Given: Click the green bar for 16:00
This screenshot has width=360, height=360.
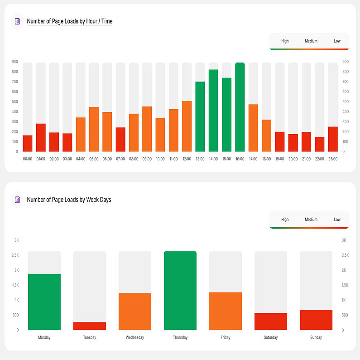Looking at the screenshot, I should coord(240,107).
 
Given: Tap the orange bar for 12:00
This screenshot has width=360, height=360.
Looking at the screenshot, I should coord(187,126).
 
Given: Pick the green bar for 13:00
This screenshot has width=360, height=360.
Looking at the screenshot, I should coord(200,117).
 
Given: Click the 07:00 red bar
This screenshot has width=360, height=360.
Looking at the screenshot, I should coord(120,139).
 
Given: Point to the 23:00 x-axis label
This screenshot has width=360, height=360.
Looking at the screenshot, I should coord(333,159).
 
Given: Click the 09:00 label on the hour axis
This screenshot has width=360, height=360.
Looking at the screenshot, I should coord(147,159).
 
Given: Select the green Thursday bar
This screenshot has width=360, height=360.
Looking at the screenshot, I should coord(180,291).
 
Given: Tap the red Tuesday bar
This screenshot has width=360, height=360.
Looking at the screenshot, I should coord(90,326).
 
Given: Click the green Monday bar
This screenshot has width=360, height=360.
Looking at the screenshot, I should coord(44,302).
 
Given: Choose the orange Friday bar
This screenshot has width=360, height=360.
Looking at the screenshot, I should coord(226,311).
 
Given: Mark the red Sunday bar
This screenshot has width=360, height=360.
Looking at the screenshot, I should coord(316,320).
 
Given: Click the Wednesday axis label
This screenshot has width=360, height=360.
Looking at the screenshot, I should coord(135,337).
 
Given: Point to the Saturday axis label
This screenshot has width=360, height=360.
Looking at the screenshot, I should coord(271,337).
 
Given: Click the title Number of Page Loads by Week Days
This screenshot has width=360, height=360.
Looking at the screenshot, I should coord(69,200).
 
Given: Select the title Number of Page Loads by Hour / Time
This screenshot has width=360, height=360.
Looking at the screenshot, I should coord(70,21).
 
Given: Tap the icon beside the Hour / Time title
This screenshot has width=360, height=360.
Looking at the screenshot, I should coord(17,21).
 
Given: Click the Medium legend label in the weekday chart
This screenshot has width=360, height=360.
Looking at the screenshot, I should coord(311,220).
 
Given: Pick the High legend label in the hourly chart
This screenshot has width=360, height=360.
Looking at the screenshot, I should coord(285,41).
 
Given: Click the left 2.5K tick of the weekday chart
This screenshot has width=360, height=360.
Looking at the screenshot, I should coord(15,255).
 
